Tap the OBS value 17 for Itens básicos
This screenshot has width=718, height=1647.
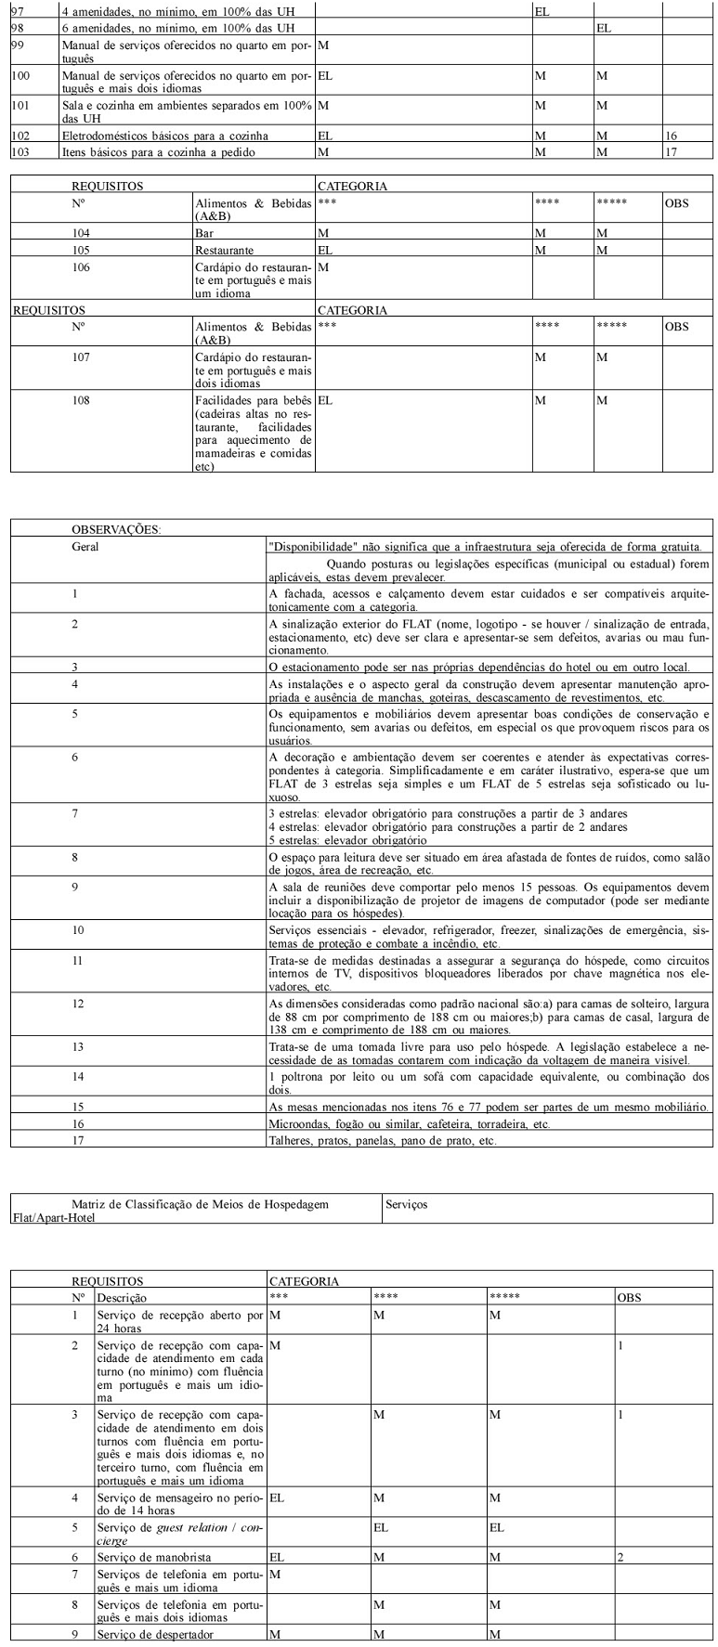(x=671, y=151)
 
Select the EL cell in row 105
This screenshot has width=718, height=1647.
(x=325, y=250)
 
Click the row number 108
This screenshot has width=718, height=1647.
(x=82, y=400)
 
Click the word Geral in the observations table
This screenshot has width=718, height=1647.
(x=85, y=547)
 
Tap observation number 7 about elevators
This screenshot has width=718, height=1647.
(x=75, y=814)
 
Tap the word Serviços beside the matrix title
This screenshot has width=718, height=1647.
(x=405, y=1203)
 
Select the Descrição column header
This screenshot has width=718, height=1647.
(x=122, y=1297)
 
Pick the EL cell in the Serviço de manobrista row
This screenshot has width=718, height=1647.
(x=276, y=1556)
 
